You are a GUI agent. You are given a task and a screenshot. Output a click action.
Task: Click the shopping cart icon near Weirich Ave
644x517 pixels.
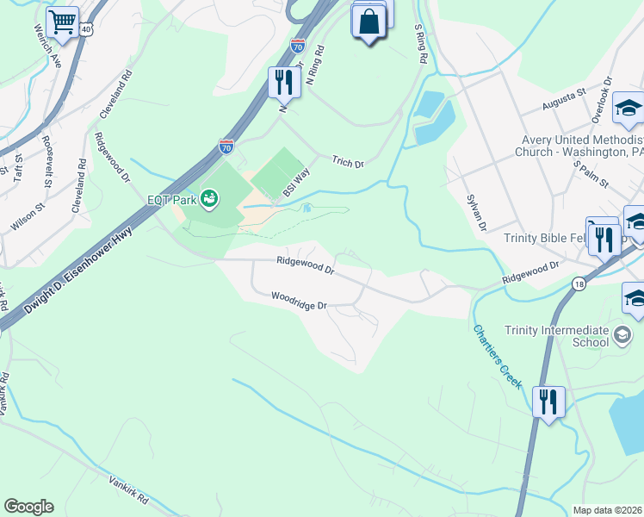click(x=62, y=23)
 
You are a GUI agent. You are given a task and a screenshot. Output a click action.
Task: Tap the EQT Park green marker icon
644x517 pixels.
click(x=208, y=200)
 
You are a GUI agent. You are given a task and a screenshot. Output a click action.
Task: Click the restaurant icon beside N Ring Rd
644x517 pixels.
click(x=282, y=82)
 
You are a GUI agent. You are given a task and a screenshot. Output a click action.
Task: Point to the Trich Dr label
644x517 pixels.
click(x=349, y=161)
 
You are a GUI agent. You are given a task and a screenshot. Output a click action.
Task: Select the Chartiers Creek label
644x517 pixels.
click(x=497, y=354)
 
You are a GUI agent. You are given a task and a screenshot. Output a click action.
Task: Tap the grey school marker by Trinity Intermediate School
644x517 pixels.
click(x=621, y=333)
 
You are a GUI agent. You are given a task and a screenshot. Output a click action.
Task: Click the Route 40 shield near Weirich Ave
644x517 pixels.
click(x=85, y=29)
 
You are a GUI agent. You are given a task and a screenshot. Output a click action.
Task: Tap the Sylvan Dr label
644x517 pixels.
click(x=476, y=212)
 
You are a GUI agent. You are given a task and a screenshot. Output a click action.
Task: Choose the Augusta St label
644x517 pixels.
click(x=563, y=103)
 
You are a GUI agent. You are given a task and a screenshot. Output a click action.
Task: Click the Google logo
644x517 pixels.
click(x=28, y=507)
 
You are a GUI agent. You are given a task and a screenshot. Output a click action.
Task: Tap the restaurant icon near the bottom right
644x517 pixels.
click(x=548, y=401)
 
